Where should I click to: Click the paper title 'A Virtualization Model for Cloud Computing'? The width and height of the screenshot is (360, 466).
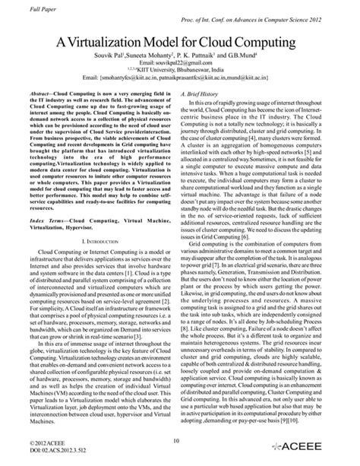(180, 44)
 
